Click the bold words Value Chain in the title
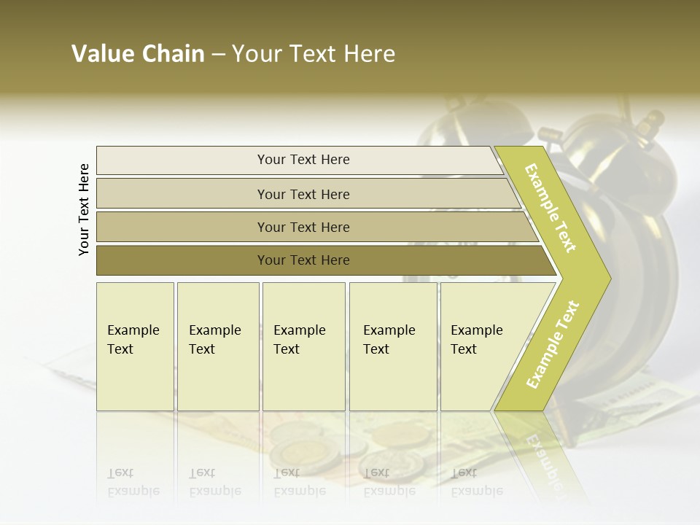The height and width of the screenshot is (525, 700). tap(138, 54)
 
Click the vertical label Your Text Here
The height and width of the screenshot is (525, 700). tap(84, 209)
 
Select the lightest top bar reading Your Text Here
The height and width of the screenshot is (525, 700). tap(303, 160)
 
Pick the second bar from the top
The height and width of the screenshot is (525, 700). tap(303, 194)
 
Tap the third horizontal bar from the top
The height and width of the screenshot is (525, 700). tap(303, 227)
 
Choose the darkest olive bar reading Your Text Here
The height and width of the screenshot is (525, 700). tap(303, 260)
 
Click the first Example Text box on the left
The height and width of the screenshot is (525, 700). tap(135, 346)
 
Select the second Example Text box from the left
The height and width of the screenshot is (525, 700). tap(217, 346)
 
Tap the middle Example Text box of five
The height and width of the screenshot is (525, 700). tap(303, 346)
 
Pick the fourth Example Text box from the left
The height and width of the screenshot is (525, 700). tap(392, 346)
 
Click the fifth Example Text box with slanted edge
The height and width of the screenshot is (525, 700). tap(478, 346)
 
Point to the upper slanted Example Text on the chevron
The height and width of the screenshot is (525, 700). tap(551, 208)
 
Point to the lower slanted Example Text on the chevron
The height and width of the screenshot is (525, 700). tap(553, 344)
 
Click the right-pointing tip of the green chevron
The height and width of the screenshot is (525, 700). tap(605, 278)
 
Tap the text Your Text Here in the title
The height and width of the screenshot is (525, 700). tap(314, 54)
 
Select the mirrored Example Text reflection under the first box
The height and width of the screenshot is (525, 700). tap(133, 481)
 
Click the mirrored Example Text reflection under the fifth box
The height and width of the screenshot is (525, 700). tap(476, 481)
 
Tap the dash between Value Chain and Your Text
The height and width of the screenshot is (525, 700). tap(218, 55)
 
